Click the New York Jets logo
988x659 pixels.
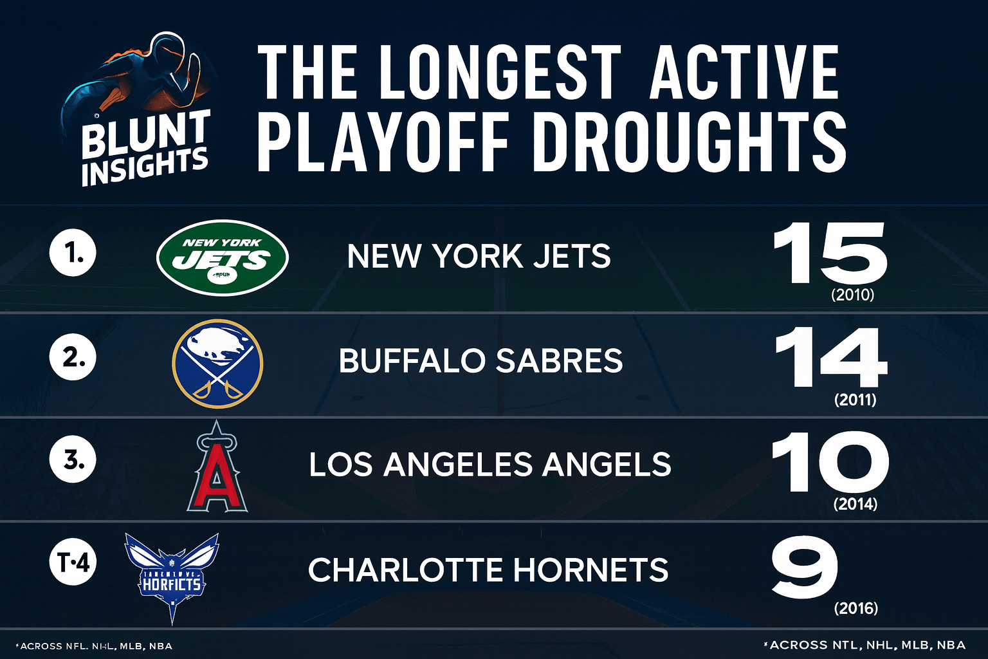[x=223, y=257]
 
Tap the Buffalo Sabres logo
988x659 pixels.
[x=217, y=363]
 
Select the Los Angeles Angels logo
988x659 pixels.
[x=217, y=467]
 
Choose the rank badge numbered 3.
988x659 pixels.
[x=73, y=460]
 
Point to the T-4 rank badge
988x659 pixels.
[x=73, y=564]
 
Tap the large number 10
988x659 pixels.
[x=830, y=461]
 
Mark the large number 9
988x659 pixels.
[x=804, y=568]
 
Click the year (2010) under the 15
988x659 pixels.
[x=853, y=295]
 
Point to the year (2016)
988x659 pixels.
[x=855, y=608]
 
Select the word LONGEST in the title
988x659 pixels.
[x=499, y=72]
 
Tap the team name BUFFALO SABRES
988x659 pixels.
[x=480, y=361]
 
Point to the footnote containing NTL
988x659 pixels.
[x=864, y=645]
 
